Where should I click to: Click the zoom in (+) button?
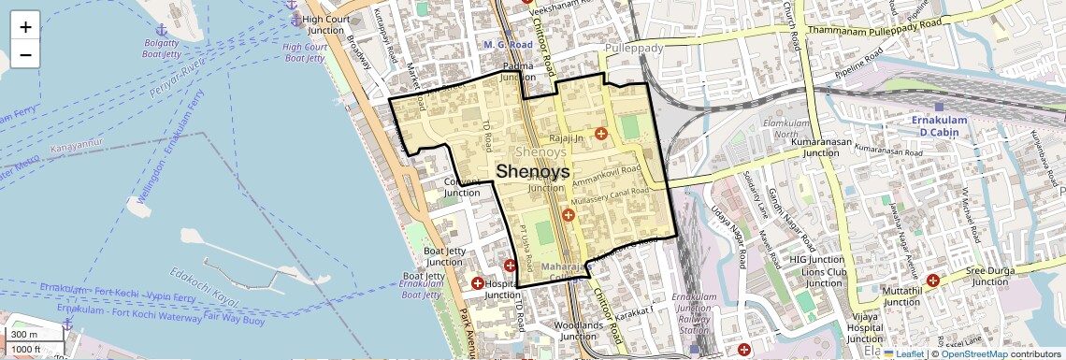pyautogui.click(x=25, y=26)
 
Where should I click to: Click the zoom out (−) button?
pyautogui.click(x=25, y=54)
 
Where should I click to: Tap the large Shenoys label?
pyautogui.click(x=533, y=171)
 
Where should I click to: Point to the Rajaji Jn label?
pyautogui.click(x=567, y=138)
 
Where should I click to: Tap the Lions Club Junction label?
pyautogui.click(x=824, y=277)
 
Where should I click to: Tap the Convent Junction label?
pyautogui.click(x=461, y=187)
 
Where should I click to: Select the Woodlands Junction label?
pyautogui.click(x=574, y=331)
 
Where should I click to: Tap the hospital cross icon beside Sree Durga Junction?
pyautogui.click(x=932, y=280)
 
